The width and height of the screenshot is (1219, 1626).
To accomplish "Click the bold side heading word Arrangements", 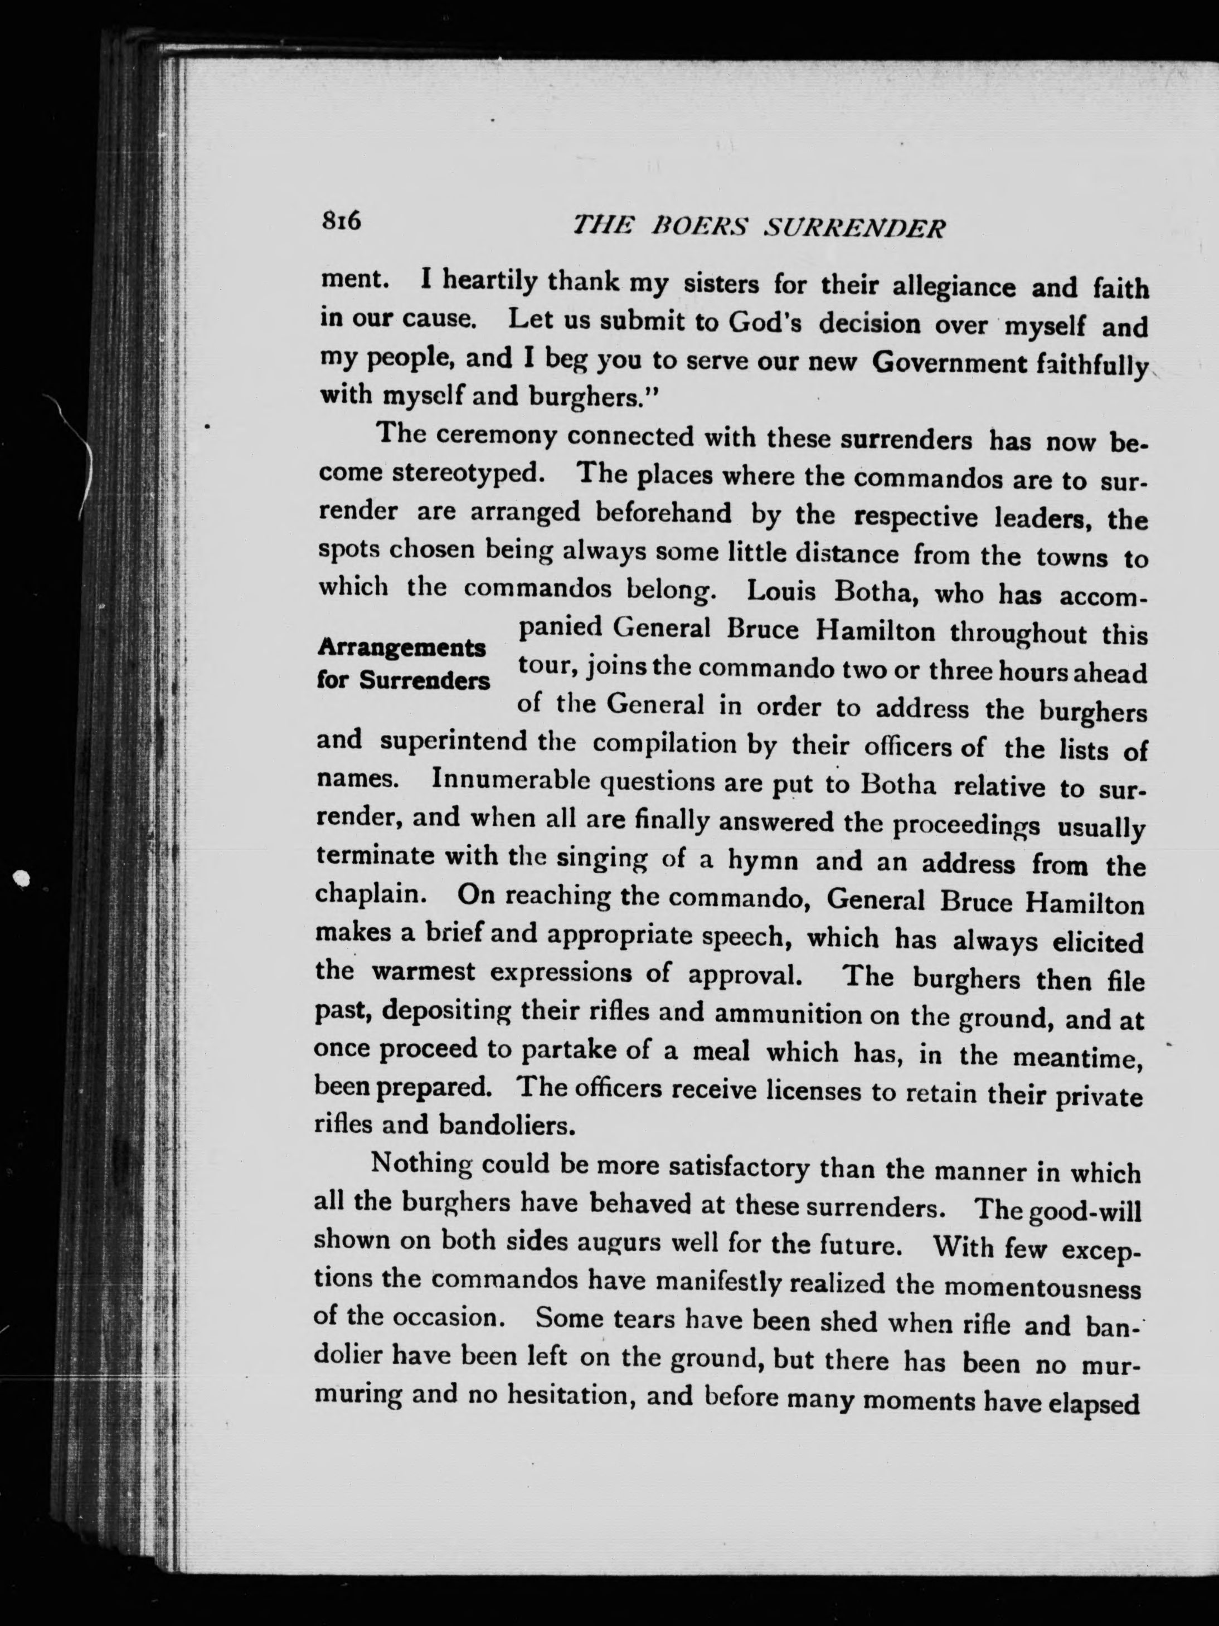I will point(401,649).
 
